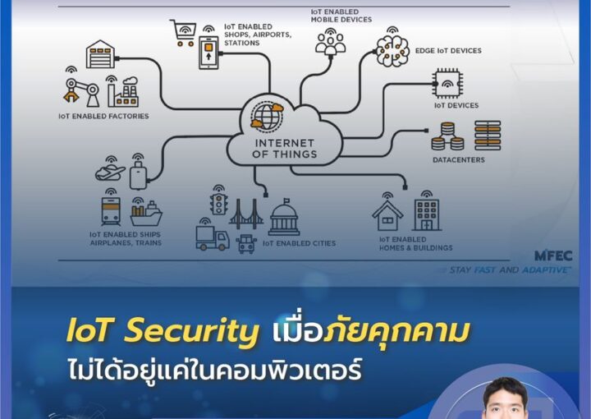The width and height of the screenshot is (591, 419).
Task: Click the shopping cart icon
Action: click(183, 32)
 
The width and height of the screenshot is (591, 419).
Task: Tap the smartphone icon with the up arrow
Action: click(208, 53)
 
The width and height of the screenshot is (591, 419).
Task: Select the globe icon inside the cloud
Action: click(268, 116)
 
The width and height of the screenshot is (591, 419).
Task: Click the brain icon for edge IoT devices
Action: click(392, 51)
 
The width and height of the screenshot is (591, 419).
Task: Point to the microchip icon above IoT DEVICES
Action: click(447, 83)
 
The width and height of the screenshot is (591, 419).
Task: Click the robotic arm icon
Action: click(81, 92)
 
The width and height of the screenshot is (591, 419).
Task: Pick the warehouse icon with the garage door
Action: click(100, 54)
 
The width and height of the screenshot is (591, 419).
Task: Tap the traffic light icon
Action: click(219, 204)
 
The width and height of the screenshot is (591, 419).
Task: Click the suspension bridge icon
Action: click(246, 214)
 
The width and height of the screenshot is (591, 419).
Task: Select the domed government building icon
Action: click(284, 218)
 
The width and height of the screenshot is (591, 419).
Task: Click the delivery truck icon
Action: click(213, 238)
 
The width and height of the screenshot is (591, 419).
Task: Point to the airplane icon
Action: click(110, 173)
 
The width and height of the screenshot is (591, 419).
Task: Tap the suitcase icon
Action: click(138, 175)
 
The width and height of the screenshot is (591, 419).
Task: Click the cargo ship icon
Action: click(146, 214)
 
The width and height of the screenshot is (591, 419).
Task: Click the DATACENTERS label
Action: click(459, 160)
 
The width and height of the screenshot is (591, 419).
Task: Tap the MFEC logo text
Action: click(553, 256)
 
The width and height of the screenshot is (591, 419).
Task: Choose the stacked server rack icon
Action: click(488, 136)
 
